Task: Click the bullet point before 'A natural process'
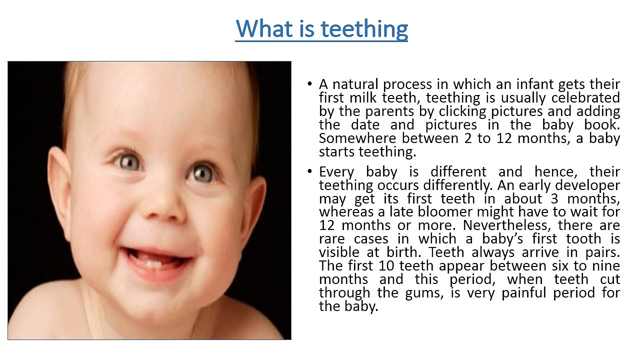[x=310, y=84]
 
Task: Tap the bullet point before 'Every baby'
[x=310, y=172]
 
